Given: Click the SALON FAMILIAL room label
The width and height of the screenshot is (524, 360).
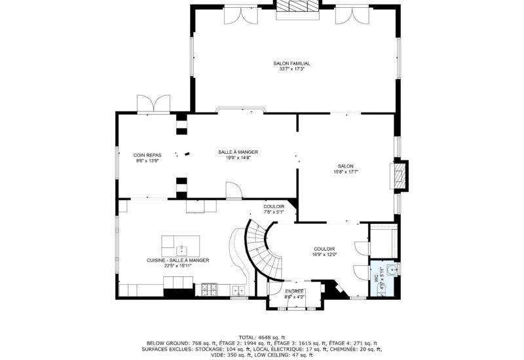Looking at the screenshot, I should coord(292,63).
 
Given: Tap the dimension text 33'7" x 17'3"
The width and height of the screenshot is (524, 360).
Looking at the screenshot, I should coord(292,69).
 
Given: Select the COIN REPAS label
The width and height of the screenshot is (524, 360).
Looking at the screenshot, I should coord(147,155).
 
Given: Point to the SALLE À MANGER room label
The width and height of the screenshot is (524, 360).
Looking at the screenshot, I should coord(234,152).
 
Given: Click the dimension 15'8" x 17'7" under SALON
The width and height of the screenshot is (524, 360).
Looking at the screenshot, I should coord(346,171).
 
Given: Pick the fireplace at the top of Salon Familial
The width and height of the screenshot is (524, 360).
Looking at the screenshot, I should coord(297,6).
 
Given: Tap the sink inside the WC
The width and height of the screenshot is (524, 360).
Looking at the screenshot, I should coord(392,268).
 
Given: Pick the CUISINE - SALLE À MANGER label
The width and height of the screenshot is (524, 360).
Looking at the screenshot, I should coord(178,260).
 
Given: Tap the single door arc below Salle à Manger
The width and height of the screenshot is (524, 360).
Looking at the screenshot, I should coord(234,190).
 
